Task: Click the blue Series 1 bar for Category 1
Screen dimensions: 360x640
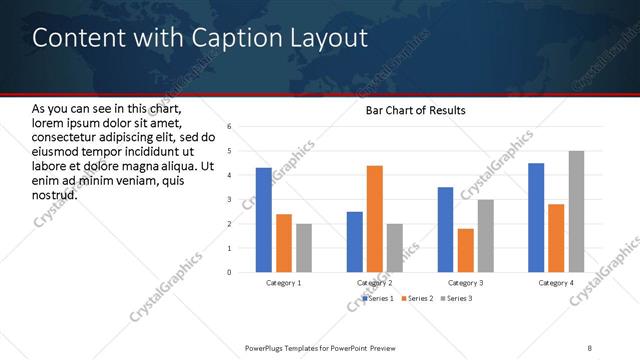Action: pos(264,220)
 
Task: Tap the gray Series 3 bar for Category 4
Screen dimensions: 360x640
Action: pos(577,211)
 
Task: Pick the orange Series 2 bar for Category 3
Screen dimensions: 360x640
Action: pos(466,250)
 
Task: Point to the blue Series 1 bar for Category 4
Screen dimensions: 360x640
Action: pos(536,217)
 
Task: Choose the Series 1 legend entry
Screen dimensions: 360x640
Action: pos(379,298)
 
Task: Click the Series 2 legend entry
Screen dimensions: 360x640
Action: pos(417,298)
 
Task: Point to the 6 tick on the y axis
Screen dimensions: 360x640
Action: pos(230,127)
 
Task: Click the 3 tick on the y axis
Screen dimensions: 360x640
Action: pos(230,199)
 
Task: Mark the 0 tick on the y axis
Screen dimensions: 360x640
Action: pos(230,272)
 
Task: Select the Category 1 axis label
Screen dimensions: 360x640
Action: pos(284,283)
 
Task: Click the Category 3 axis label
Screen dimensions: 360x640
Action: pos(466,283)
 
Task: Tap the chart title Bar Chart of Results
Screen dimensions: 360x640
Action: pos(416,109)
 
